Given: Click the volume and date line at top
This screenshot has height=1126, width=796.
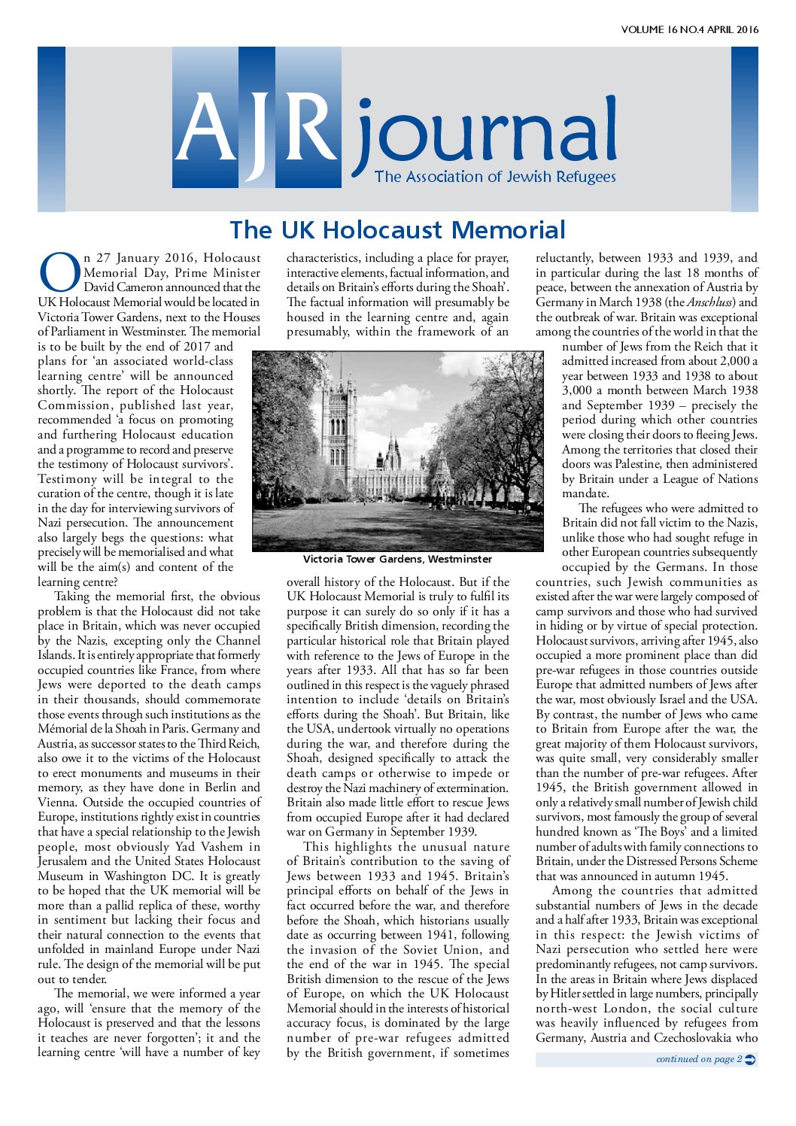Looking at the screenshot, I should [x=689, y=30].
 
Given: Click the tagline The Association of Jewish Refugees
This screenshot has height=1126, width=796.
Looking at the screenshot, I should [x=495, y=177].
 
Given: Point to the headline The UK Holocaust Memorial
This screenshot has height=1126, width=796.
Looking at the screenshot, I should [x=397, y=229].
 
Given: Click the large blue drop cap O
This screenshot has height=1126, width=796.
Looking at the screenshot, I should [x=59, y=272].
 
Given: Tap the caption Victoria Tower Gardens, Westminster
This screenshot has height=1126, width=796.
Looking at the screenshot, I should [x=397, y=559].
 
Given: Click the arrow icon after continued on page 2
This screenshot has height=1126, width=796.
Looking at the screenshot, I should [x=749, y=1059].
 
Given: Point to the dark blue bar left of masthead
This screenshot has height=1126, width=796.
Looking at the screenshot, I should [x=51, y=129].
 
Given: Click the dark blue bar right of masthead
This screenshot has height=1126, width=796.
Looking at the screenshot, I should [x=744, y=129].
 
